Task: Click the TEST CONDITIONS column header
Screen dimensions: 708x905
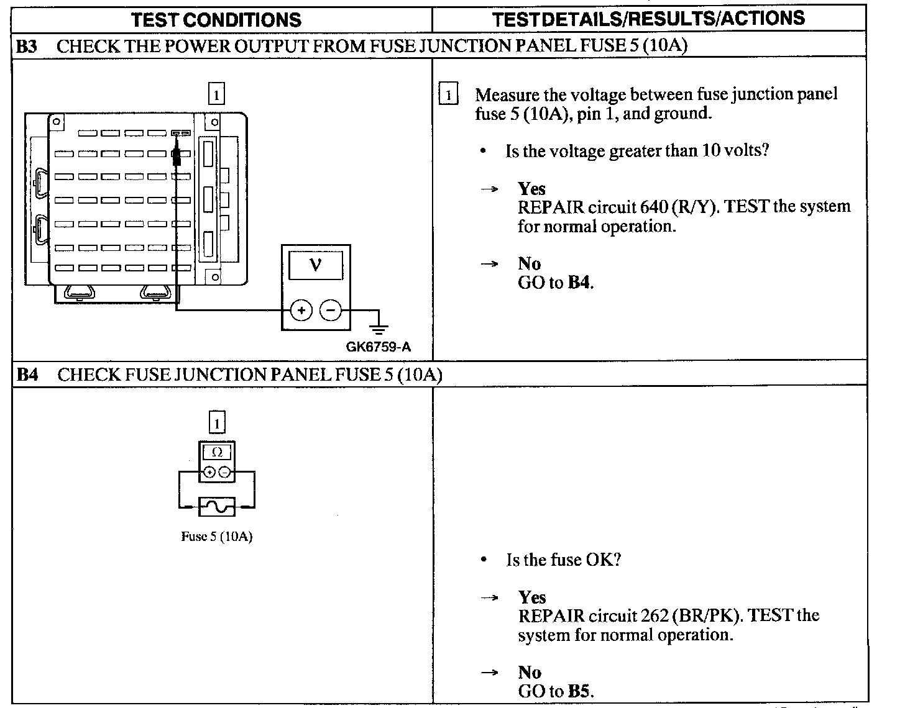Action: click(x=216, y=19)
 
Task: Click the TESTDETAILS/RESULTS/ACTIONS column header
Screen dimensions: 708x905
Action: click(x=648, y=18)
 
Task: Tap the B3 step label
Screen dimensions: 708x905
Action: click(x=26, y=46)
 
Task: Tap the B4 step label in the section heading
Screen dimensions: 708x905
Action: click(x=26, y=374)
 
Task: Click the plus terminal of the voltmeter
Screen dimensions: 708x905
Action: click(x=301, y=310)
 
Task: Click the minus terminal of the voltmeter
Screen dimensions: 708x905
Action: click(x=331, y=310)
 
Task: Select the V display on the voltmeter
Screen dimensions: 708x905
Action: click(x=315, y=266)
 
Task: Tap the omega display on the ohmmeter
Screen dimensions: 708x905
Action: click(x=217, y=452)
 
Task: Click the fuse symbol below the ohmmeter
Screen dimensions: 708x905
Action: click(x=216, y=507)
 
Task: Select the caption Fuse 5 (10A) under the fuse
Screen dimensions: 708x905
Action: click(x=216, y=537)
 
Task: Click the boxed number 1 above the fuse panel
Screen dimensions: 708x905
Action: click(x=216, y=95)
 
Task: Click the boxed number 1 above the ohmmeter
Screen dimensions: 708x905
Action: click(x=216, y=424)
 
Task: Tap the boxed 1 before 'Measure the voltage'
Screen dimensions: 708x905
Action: click(x=448, y=96)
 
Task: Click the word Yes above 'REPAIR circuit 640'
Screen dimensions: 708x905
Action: click(x=531, y=188)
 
